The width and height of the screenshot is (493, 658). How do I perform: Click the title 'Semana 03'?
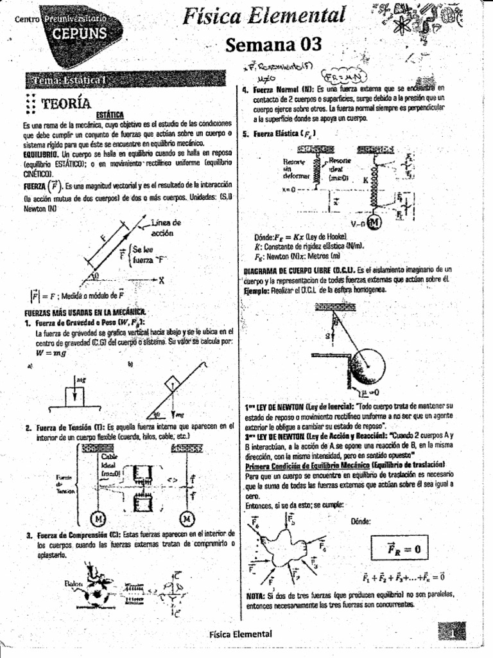[273, 45]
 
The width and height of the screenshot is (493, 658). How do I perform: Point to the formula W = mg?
[52, 353]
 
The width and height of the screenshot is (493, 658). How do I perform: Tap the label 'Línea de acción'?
[165, 227]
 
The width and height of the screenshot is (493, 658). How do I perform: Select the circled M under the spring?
[374, 223]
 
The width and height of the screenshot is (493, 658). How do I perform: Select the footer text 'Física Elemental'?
[241, 634]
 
